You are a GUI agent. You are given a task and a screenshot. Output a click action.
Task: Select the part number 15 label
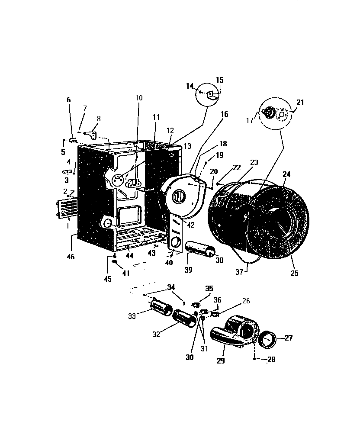pos(220,80)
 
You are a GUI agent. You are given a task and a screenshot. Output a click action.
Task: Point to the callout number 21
pos(300,102)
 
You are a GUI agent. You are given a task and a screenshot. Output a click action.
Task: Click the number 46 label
pos(71,257)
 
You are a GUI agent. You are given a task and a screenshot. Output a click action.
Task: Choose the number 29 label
pos(221,360)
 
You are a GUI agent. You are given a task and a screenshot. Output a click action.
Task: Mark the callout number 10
pos(138,98)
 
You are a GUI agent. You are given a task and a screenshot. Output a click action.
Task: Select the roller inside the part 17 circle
pos(269,113)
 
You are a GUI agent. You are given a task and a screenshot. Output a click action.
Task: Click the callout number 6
pos(68,100)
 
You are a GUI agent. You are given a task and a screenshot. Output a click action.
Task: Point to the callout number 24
pos(287,175)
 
